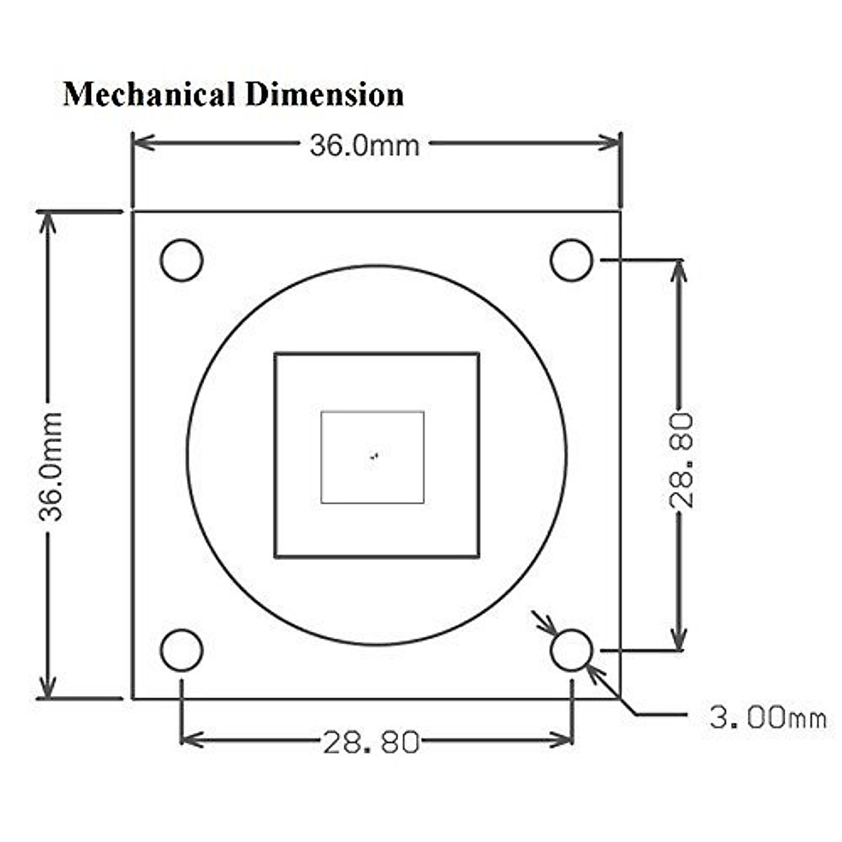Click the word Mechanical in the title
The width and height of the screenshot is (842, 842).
coord(149,95)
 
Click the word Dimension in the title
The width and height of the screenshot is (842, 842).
coord(325,95)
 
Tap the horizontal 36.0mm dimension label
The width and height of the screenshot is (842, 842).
coord(364,145)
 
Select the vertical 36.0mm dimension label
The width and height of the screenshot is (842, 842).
coord(51,466)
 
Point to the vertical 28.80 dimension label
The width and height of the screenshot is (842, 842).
coord(681,460)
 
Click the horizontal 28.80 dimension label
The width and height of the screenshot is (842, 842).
coord(371,742)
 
